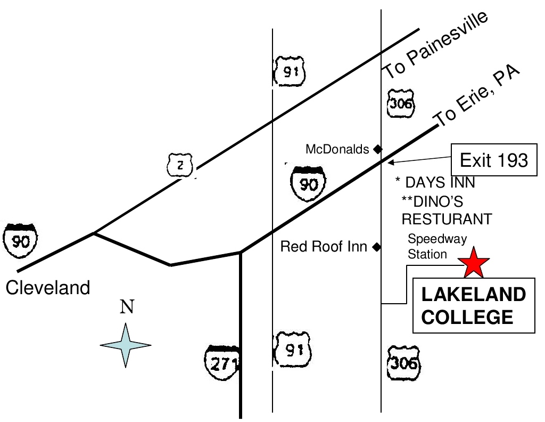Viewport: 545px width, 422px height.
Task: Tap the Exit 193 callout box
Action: click(493, 160)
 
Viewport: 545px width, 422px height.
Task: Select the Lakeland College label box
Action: click(474, 306)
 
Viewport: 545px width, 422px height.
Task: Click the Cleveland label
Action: click(48, 288)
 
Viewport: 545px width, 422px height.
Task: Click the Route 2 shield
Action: click(180, 166)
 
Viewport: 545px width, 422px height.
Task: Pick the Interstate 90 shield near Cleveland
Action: click(20, 242)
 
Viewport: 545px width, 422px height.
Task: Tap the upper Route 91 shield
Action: click(290, 71)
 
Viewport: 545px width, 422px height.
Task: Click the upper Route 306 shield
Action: click(401, 104)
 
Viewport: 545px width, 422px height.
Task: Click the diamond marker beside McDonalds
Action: click(377, 149)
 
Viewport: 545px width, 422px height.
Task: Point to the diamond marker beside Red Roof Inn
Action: click(377, 247)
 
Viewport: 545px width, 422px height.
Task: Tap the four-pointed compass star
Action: click(126, 345)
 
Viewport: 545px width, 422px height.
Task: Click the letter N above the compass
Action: click(126, 307)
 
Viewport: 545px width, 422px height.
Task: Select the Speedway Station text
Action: click(429, 246)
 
